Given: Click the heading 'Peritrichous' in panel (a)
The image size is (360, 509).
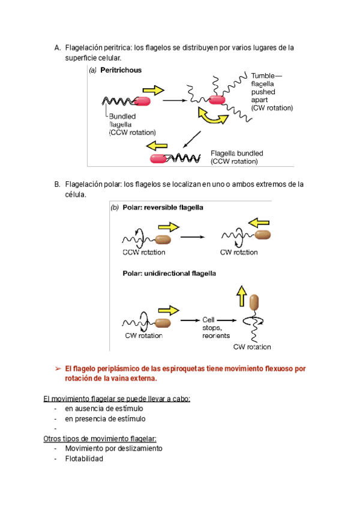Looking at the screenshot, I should (121, 70).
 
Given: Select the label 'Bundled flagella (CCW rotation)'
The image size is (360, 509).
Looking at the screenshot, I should (131, 124).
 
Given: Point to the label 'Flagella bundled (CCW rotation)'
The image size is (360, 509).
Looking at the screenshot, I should (236, 157).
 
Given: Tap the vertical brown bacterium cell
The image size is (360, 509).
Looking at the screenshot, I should (254, 306).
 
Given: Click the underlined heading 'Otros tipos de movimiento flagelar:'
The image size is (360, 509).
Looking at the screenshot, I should (100, 438).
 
